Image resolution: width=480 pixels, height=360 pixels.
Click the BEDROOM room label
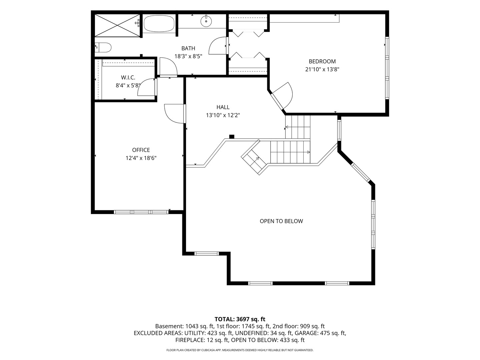coord(322,61)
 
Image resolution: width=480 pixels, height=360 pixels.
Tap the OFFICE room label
coord(141,150)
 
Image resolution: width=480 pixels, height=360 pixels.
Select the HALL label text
coord(223,107)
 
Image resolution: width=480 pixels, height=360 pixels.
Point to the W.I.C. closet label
coord(128,77)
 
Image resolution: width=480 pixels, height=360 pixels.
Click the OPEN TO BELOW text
coord(281,221)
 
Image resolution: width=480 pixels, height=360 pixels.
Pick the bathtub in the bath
coord(159,23)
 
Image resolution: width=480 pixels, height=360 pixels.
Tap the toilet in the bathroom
coord(103,47)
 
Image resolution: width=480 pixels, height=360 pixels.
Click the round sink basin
coord(206,21)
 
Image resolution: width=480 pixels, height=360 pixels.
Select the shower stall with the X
coord(117,25)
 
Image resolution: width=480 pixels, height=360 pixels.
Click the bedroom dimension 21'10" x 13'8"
coord(322,70)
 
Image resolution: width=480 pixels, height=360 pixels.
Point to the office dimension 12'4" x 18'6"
coord(141,158)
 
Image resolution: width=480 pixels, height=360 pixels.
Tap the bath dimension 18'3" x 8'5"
coord(188,56)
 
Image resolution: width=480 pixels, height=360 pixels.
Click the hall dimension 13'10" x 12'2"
coord(223,115)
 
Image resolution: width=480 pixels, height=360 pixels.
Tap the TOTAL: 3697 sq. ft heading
coord(240,319)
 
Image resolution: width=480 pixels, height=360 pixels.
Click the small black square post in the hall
coord(232,137)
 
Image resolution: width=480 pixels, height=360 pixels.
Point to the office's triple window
coord(141,212)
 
